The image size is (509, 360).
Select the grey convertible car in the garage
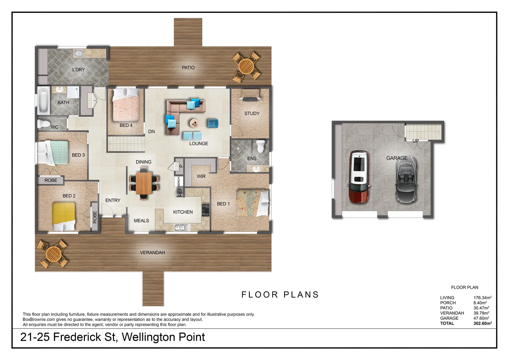click(406, 180)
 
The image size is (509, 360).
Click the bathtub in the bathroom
click(43, 100)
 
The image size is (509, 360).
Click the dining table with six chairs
click(144, 183)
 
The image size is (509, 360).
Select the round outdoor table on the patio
click(247, 66)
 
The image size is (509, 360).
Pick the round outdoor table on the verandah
click(52, 254)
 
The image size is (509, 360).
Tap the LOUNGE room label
click(199, 144)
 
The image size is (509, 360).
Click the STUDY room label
click(252, 114)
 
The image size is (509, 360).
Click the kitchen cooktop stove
click(206, 210)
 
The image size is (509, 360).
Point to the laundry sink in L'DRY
click(79, 53)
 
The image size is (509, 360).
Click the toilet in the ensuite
click(261, 146)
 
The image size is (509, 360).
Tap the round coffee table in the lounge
click(194, 123)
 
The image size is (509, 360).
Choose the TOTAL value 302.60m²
click(482, 323)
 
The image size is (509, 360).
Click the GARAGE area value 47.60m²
click(481, 318)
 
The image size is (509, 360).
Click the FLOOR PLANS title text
click(280, 295)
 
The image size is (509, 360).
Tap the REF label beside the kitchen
click(180, 192)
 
